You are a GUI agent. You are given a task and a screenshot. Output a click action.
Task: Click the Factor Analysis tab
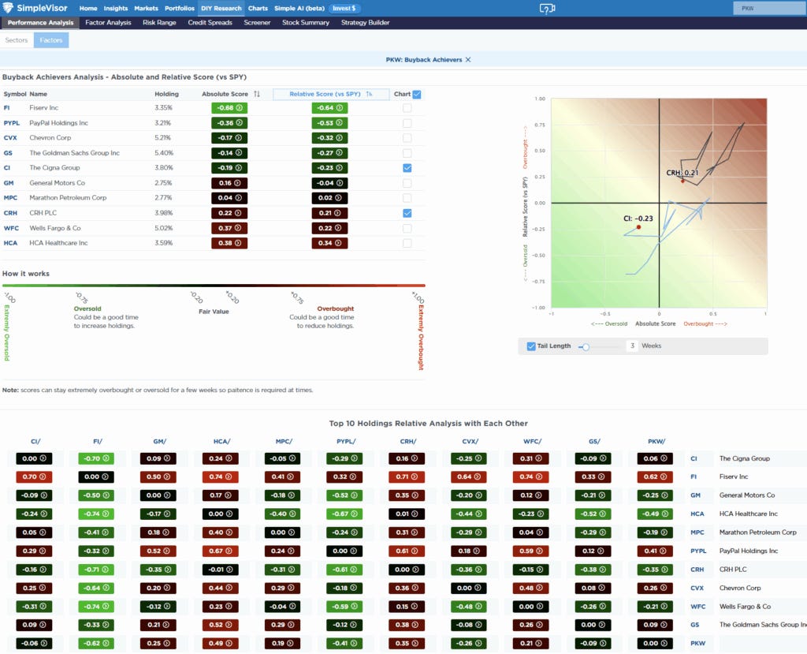108,23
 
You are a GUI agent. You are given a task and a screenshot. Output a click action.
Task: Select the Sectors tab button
16,39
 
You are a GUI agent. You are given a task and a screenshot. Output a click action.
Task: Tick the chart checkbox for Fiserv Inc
407,107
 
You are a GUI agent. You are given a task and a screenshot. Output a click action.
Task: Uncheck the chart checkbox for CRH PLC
407,213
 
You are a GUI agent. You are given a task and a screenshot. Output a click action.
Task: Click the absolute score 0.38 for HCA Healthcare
229,243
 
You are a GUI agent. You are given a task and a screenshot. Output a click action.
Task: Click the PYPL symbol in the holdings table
12,123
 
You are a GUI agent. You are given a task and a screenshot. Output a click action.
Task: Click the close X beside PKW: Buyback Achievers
468,60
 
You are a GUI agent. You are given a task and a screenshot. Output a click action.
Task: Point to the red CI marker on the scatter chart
638,227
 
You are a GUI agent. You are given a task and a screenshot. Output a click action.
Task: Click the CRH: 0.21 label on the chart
682,172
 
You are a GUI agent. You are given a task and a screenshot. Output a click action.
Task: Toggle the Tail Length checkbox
531,346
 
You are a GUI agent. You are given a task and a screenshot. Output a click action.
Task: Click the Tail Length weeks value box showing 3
632,346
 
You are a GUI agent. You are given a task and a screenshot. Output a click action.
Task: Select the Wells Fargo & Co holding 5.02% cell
163,228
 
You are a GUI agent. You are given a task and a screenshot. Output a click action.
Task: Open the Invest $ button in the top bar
344,8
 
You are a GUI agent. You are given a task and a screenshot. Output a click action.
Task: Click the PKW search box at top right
768,8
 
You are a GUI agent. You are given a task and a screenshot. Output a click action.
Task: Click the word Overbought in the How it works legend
335,309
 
